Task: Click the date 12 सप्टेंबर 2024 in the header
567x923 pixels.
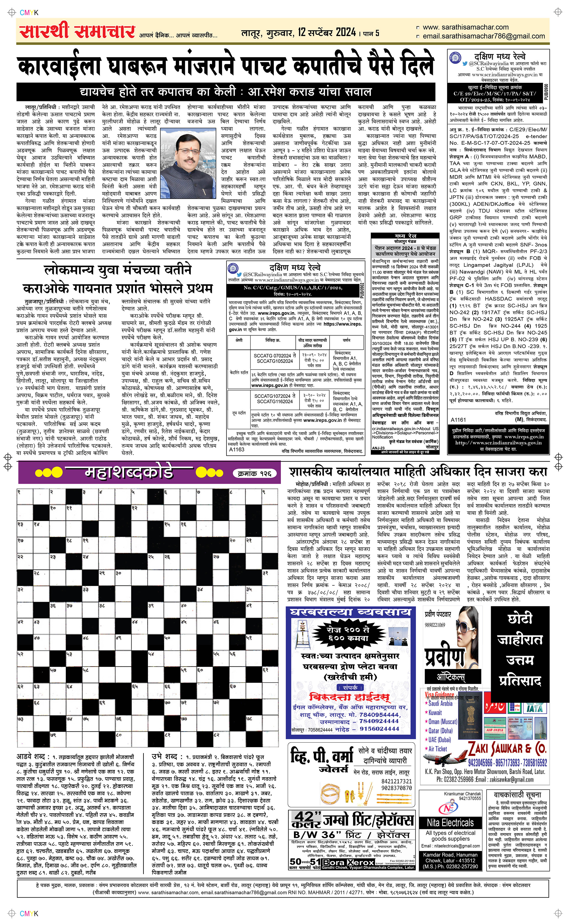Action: [327, 33]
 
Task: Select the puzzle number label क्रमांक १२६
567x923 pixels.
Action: [255, 474]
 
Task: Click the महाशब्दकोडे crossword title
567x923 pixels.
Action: [129, 472]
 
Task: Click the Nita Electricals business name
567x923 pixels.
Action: [450, 823]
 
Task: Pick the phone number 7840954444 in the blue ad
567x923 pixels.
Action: [379, 715]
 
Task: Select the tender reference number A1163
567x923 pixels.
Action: [237, 449]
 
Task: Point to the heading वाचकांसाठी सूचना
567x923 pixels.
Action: [517, 795]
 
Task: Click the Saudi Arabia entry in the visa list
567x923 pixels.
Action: [441, 703]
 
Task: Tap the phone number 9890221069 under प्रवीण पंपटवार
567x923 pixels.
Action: [435, 625]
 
